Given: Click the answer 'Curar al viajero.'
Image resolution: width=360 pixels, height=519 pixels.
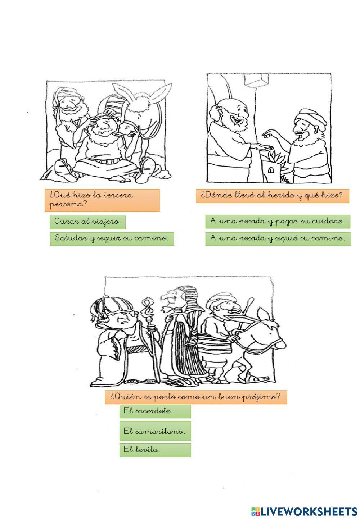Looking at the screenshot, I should pos(87,222).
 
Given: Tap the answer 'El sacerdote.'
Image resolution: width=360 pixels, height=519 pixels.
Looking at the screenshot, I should pos(155,411).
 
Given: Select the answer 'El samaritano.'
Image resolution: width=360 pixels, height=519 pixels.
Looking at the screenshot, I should pos(155,431).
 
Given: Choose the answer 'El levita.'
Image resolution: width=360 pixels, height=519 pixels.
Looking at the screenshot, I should pos(155,450).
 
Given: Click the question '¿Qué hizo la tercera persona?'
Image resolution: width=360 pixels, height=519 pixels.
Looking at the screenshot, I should pos(102,200).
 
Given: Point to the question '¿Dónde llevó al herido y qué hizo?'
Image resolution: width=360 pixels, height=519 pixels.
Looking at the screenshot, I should pos(272,196).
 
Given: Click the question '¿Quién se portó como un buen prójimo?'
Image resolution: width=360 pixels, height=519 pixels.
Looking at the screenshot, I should pos(195,397).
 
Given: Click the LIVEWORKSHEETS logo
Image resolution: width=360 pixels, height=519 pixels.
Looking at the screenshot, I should pos(304,511).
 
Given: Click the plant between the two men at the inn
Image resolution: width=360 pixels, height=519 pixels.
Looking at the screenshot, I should pos(275,158).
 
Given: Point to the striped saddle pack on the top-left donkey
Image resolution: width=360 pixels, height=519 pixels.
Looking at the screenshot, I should pos(112,108).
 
